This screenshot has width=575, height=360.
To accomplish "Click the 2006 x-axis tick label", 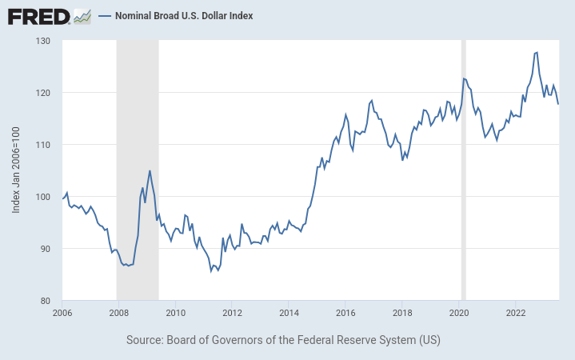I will [x=62, y=313].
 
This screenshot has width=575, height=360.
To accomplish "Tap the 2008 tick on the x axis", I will [x=118, y=313].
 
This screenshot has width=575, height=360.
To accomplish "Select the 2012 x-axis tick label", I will [x=232, y=313].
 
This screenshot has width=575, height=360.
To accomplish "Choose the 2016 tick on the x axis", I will [x=345, y=313].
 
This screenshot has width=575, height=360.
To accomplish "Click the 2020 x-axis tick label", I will [x=459, y=313].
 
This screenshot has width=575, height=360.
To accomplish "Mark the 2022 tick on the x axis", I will [x=516, y=313].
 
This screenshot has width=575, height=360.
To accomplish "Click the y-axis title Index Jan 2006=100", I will [x=17, y=170].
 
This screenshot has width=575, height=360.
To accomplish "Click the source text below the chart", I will [x=283, y=340].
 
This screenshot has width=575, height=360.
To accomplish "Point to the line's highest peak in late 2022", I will [x=536, y=52].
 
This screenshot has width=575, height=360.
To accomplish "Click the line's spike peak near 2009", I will [x=150, y=170].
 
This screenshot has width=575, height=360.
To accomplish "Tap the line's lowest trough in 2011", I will [x=211, y=271].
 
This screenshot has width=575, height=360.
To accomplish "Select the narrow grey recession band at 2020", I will [x=463, y=170].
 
